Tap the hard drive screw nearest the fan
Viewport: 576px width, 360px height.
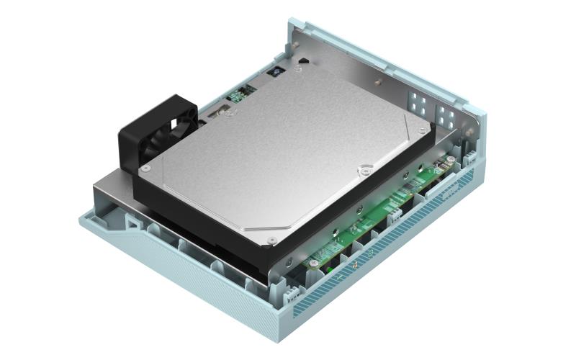tap(145, 168)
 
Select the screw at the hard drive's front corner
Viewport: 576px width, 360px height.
tap(271, 239)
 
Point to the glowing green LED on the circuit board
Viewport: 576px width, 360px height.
tap(328, 269)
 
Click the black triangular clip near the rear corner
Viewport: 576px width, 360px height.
tap(303, 62)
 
